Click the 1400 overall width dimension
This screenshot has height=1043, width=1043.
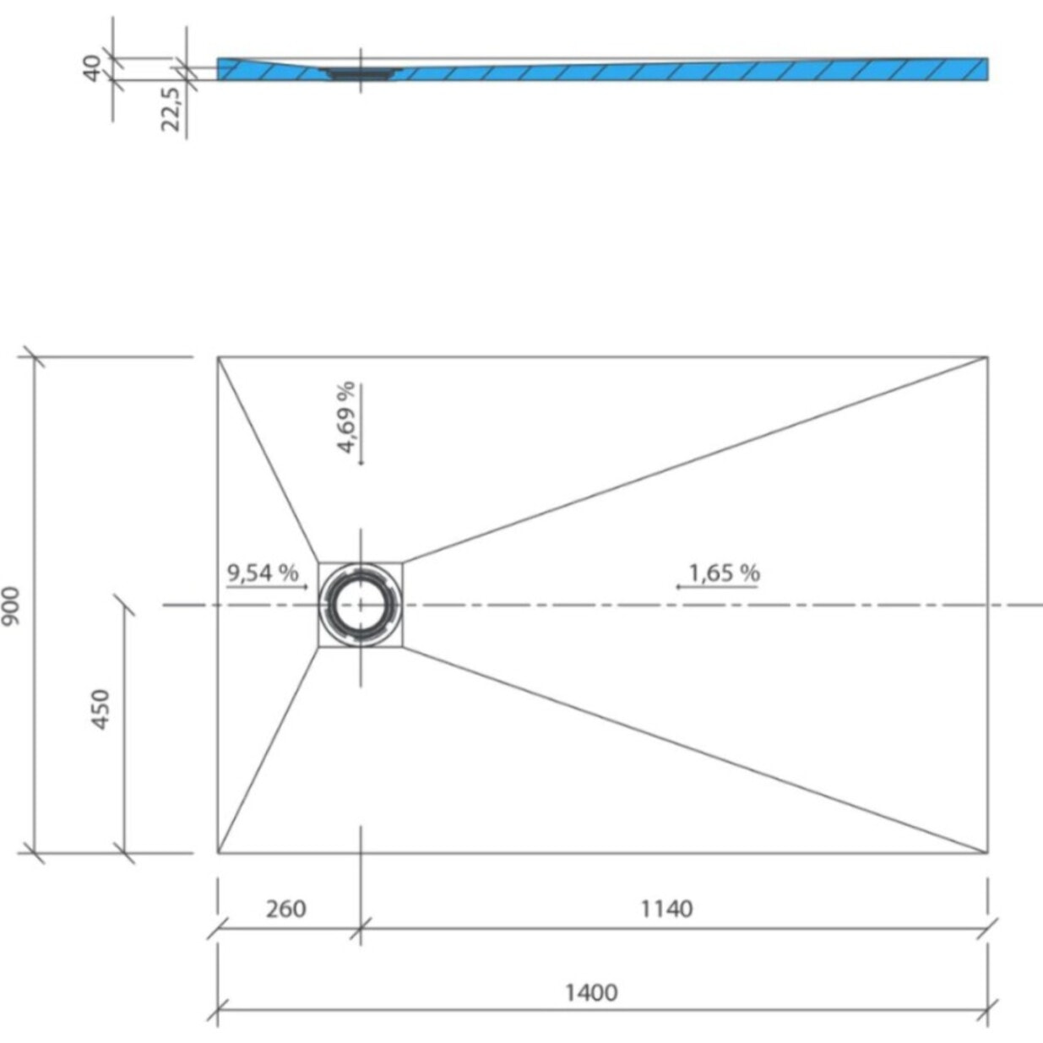pyautogui.click(x=591, y=991)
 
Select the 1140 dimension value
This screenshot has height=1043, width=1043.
pyautogui.click(x=666, y=909)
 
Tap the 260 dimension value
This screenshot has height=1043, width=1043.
pyautogui.click(x=285, y=909)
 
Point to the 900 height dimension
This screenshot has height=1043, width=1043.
pyautogui.click(x=11, y=606)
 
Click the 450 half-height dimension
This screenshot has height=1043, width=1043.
pyautogui.click(x=100, y=709)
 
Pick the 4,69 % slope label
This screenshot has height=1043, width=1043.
pyautogui.click(x=346, y=417)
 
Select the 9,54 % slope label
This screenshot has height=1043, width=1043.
pyautogui.click(x=263, y=573)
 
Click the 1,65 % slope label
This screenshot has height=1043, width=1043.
pyautogui.click(x=724, y=573)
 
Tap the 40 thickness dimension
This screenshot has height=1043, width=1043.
pyautogui.click(x=91, y=67)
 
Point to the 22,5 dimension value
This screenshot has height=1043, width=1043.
pyautogui.click(x=171, y=108)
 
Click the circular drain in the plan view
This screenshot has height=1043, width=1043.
pyautogui.click(x=361, y=605)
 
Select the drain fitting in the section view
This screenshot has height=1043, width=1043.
pyautogui.click(x=361, y=73)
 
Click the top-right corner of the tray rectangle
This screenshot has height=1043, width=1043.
pyautogui.click(x=987, y=357)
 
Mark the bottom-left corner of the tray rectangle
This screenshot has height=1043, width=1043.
pyautogui.click(x=218, y=853)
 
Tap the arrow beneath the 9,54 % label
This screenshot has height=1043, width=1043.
pyautogui.click(x=267, y=586)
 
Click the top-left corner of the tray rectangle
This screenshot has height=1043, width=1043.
pyautogui.click(x=218, y=357)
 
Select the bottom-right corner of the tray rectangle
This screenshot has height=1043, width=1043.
pyautogui.click(x=987, y=853)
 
